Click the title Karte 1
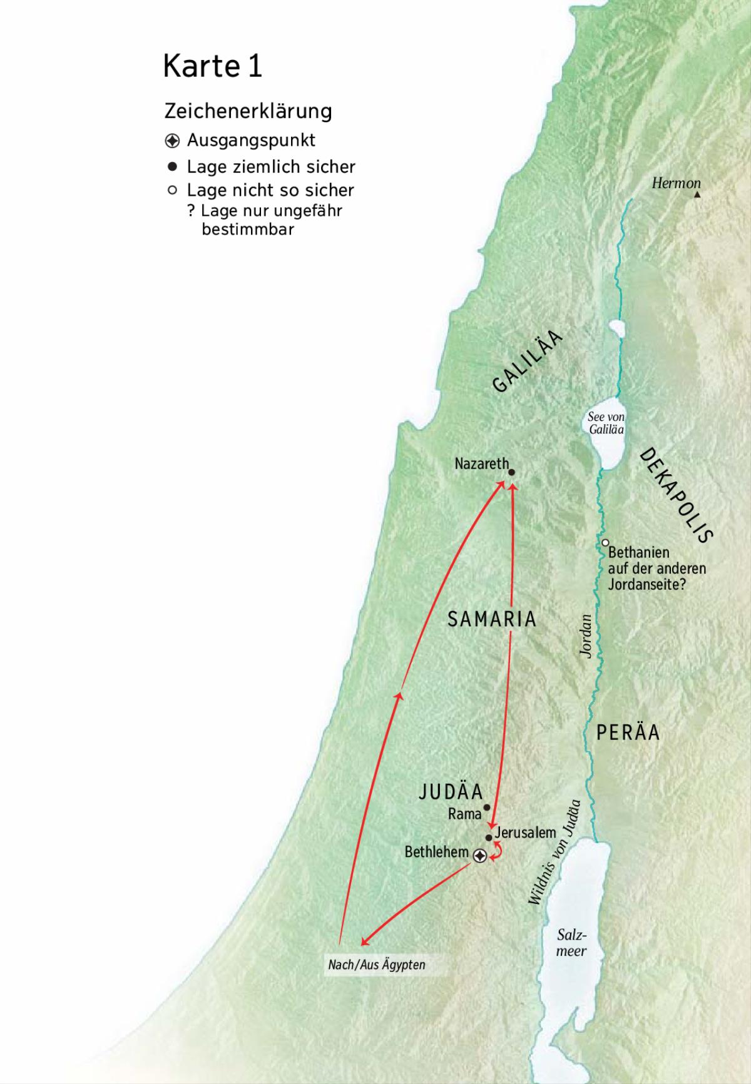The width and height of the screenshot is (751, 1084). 212,66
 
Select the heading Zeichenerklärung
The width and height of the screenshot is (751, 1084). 248,111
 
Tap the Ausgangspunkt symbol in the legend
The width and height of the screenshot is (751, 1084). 172,141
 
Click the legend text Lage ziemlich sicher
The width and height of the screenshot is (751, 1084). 270,167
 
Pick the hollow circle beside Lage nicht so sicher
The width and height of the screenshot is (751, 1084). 172,190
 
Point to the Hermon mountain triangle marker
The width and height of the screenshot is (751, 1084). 697,195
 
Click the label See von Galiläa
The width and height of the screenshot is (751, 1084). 606,423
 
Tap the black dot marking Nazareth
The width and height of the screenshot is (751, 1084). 511,473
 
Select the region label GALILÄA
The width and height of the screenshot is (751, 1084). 528,362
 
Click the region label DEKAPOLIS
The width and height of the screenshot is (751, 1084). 677,495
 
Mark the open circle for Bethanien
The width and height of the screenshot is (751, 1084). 605,543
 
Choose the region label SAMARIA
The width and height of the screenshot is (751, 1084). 492,619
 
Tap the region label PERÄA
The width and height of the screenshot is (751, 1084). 628,732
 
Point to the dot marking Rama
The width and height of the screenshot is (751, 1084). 487,808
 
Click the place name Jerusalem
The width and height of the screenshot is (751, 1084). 525,833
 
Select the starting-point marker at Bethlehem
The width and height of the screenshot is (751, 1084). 479,856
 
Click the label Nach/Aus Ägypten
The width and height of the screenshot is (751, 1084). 376,965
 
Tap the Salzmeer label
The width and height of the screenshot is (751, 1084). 571,943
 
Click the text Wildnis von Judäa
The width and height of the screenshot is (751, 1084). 554,852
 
